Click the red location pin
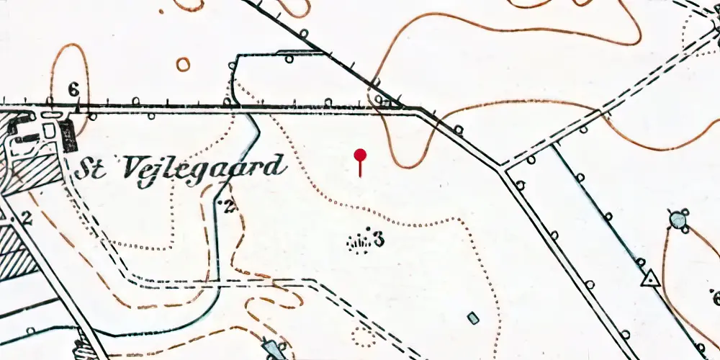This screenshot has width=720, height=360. tap(361, 155)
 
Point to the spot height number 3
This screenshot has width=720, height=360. tap(378, 239)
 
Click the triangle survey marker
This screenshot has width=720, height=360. tap(650, 278)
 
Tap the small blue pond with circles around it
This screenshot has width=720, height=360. tap(678, 220)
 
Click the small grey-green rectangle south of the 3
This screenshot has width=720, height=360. tap(473, 317)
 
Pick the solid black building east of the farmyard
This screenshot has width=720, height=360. tap(69, 135)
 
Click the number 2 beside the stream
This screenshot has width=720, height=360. tap(230, 206)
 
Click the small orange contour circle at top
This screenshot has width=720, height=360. tap(184, 65)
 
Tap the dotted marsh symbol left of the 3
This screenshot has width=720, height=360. tap(358, 243)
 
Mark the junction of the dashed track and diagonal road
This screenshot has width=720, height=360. tap(504, 171)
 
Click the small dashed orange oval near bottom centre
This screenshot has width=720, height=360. tap(362, 333)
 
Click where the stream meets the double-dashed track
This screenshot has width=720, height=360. tap(218, 281)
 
